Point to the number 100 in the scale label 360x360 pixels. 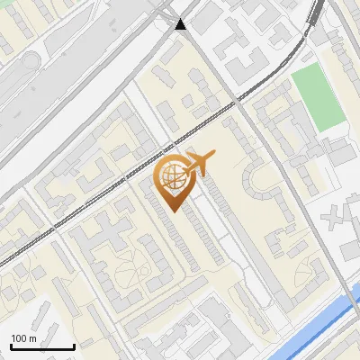[x=19, y=338]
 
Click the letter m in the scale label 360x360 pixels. [x=32, y=338]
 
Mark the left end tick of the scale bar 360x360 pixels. [x=11, y=345]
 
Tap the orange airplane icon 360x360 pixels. [x=199, y=163]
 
